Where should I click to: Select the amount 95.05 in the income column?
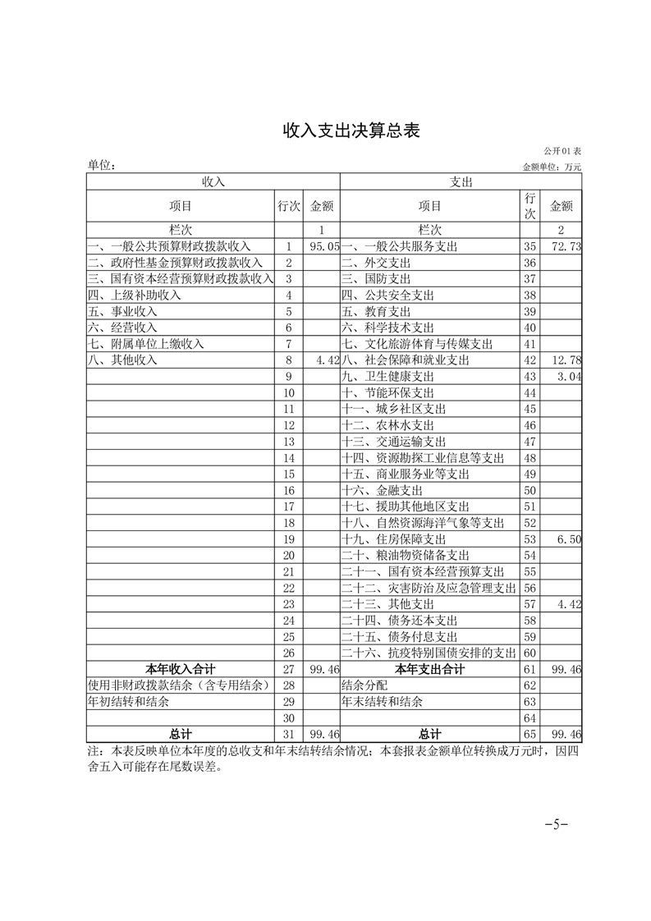325,246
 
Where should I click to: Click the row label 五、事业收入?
123,311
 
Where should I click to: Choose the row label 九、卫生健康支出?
387,377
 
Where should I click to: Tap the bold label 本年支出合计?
429,669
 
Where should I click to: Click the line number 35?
530,246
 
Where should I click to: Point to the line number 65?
530,734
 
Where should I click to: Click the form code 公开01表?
562,152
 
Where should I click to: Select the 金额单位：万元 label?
552,167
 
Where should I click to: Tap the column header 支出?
461,181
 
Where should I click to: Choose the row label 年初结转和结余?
129,702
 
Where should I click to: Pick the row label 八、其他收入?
123,360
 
